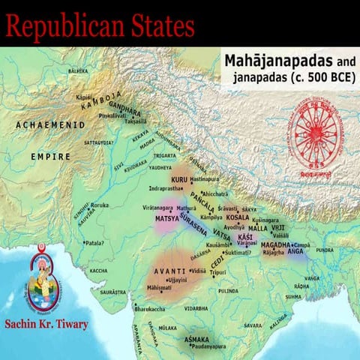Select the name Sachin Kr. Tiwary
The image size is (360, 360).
point(46,325)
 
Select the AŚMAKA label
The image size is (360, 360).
point(196,339)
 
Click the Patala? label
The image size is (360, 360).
point(94,243)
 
